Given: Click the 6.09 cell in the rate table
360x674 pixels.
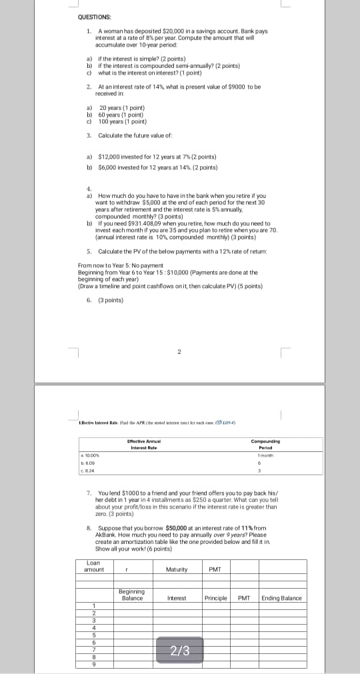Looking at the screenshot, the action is [x=85, y=461].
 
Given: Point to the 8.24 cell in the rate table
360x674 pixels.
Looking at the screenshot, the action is [x=85, y=469].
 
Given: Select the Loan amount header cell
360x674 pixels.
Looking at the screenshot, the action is [x=94, y=566].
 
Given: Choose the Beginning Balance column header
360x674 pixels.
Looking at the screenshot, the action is [x=132, y=595].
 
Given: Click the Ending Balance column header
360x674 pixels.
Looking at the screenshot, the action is [x=281, y=598].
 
